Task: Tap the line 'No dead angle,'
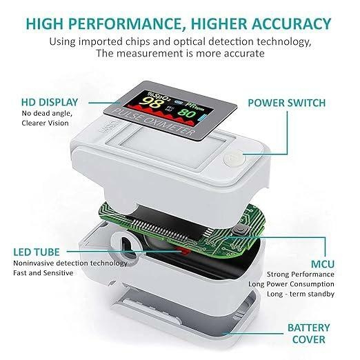pyautogui.click(x=45, y=114)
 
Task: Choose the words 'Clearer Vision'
pyautogui.click(x=46, y=125)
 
